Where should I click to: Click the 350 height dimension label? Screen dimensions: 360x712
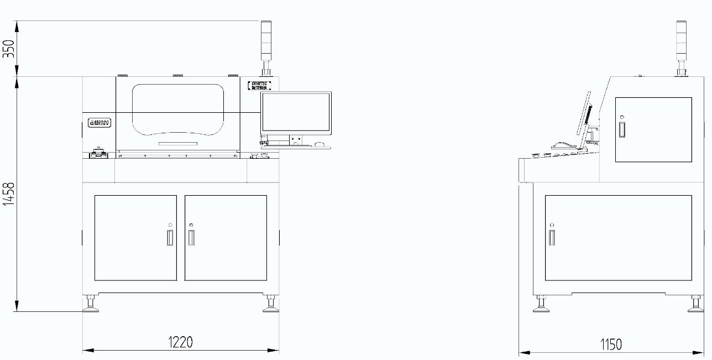pyautogui.click(x=8, y=49)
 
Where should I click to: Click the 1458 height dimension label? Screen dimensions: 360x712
pyautogui.click(x=8, y=194)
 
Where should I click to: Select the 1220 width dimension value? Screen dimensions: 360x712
pyautogui.click(x=180, y=342)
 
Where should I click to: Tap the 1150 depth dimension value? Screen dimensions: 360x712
pyautogui.click(x=610, y=345)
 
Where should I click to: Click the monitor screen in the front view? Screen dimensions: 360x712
pyautogui.click(x=296, y=113)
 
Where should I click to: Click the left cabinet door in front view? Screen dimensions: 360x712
pyautogui.click(x=135, y=237)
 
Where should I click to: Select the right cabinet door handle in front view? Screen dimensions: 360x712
pyautogui.click(x=191, y=237)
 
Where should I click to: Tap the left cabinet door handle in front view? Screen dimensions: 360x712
pyautogui.click(x=170, y=237)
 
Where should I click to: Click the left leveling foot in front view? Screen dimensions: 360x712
pyautogui.click(x=90, y=304)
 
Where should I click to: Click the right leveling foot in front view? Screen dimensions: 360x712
pyautogui.click(x=270, y=304)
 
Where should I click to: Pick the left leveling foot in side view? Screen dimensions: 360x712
pyautogui.click(x=541, y=304)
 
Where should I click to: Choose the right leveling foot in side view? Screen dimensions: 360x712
pyautogui.click(x=695, y=304)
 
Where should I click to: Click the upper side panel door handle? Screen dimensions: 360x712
pyautogui.click(x=622, y=129)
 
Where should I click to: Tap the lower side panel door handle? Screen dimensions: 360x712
pyautogui.click(x=552, y=237)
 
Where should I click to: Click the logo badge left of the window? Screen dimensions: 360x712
pyautogui.click(x=100, y=123)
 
